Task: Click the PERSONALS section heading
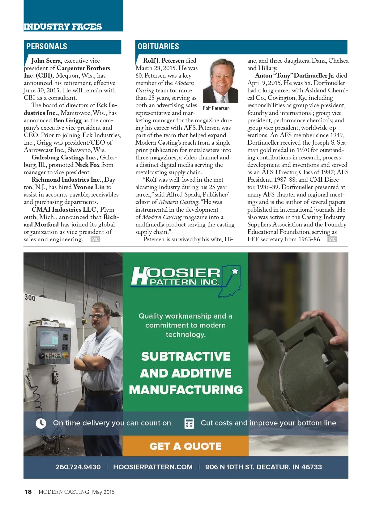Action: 47,47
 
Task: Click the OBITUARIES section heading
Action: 158,47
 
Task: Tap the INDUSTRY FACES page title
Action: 63,27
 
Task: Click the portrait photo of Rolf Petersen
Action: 220,81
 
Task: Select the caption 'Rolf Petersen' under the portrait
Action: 216,108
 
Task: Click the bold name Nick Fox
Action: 87,165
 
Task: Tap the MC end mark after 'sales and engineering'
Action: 95,239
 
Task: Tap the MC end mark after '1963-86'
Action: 332,239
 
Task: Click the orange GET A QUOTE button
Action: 185,446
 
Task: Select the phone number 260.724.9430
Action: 78,467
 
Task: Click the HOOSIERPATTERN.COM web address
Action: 153,467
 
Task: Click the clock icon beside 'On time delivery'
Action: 41,423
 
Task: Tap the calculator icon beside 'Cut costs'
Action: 189,423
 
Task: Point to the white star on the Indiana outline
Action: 235,271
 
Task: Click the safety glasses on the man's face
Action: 98,316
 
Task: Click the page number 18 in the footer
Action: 28,492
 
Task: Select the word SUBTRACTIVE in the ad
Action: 185,356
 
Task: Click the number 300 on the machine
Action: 30,298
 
